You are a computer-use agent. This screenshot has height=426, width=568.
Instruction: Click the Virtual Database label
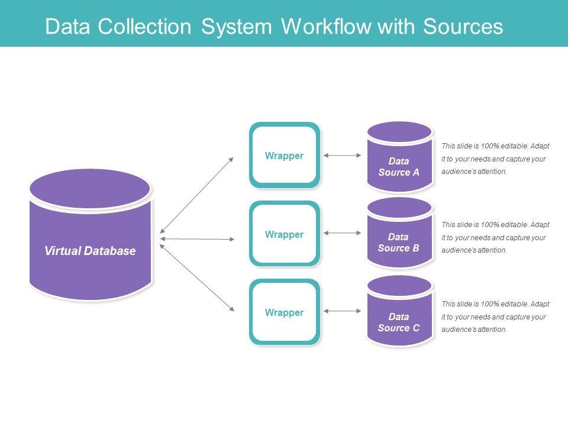[x=90, y=251]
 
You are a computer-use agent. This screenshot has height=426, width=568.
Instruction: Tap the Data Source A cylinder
[x=399, y=166]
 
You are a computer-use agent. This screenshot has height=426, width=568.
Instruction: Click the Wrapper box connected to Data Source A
[x=285, y=156]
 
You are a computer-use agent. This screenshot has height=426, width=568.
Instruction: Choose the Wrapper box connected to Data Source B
[x=285, y=234]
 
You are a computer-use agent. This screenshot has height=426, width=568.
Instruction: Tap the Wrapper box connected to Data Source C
[x=285, y=312]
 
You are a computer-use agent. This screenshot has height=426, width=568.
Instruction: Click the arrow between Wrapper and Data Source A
[x=343, y=156]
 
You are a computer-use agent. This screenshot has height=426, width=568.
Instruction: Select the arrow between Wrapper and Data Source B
[x=343, y=233]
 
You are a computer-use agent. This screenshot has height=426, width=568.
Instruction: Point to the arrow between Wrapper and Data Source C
[x=343, y=311]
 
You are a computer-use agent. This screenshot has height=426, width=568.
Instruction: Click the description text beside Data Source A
[x=495, y=159]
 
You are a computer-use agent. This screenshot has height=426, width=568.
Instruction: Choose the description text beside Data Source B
[x=495, y=237]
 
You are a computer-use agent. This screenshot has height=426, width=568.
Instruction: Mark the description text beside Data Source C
[x=495, y=317]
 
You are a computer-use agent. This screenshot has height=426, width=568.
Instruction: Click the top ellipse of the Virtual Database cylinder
[x=90, y=188]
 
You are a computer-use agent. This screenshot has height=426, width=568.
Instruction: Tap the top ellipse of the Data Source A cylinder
[x=399, y=132]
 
